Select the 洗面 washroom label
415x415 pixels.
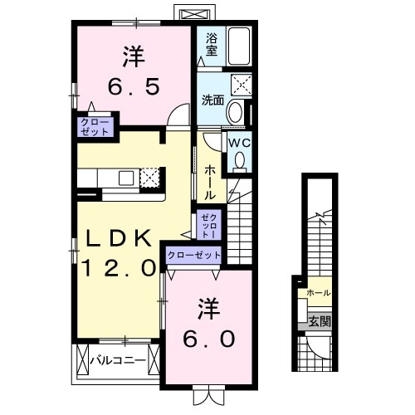pos(212,100)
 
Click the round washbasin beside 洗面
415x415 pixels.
pos(236,111)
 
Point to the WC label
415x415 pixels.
pos(238,142)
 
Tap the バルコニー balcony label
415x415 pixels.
pos(118,360)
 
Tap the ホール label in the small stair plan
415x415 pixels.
pos(319,293)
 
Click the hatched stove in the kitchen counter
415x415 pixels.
pos(149,177)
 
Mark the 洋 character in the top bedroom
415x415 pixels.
pos(133,56)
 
